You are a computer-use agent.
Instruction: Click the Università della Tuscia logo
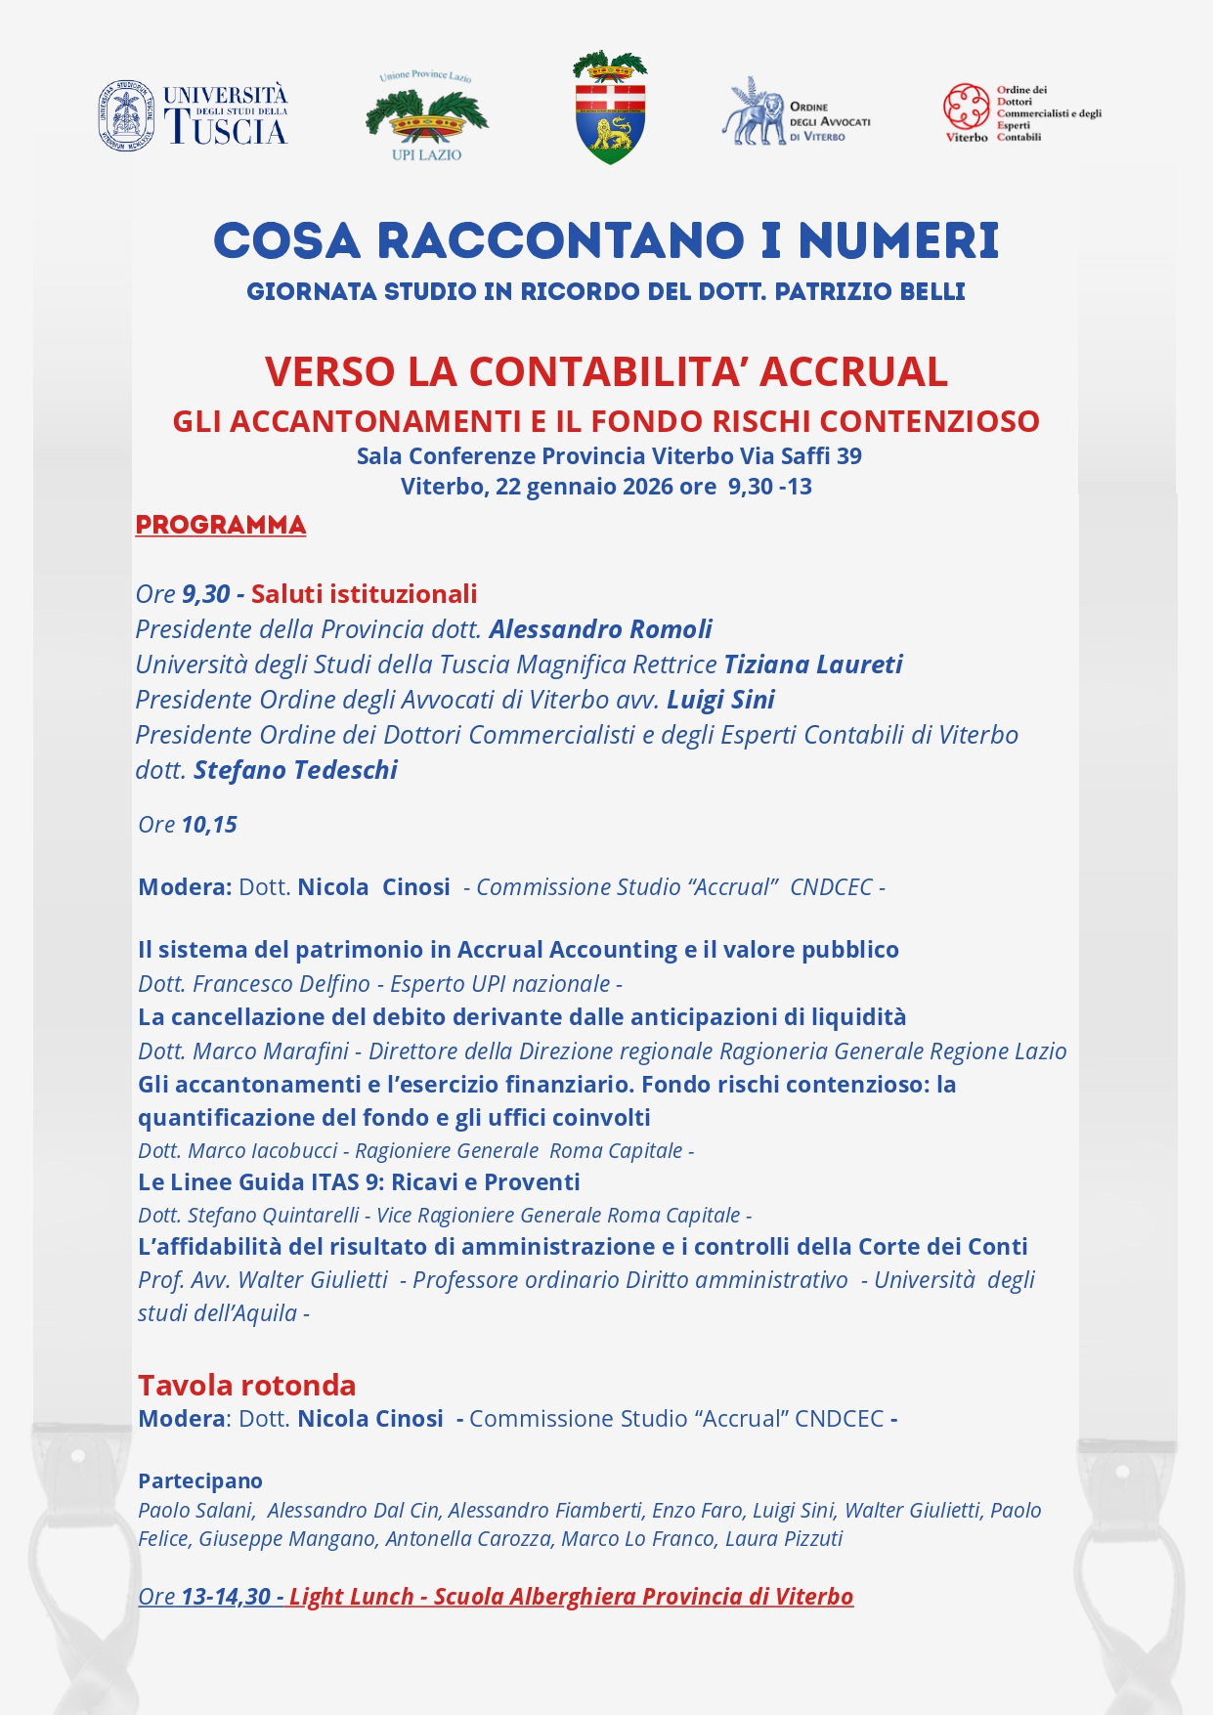(x=193, y=115)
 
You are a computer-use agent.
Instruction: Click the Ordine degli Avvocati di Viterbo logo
(x=796, y=113)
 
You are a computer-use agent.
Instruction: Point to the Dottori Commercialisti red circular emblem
(x=966, y=107)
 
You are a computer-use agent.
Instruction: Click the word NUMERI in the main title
(x=898, y=241)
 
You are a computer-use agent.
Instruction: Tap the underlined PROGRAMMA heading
(x=221, y=525)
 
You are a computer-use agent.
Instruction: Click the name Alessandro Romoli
(x=600, y=629)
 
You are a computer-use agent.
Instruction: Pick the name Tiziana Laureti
(x=812, y=665)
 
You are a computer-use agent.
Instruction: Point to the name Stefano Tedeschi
(x=295, y=770)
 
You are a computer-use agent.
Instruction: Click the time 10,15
(x=209, y=825)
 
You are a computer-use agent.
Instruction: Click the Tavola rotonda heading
(x=246, y=1386)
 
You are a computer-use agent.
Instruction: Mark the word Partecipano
(x=200, y=1481)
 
